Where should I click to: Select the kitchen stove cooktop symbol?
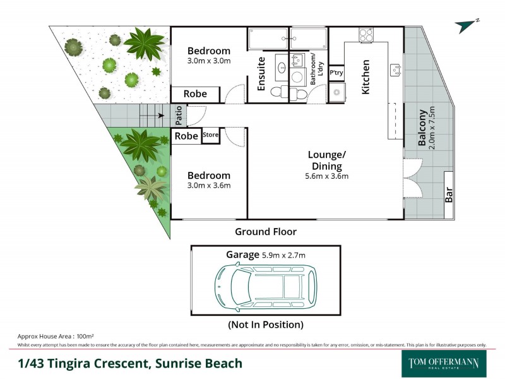click(x=366, y=35)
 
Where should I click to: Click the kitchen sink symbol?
click(x=396, y=69)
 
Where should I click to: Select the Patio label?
click(x=179, y=116)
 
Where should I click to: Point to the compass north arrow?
click(x=466, y=25)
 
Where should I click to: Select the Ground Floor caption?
click(x=266, y=232)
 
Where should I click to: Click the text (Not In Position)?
click(x=265, y=325)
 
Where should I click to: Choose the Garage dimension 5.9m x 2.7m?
click(x=284, y=255)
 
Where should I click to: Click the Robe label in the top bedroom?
click(x=195, y=93)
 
